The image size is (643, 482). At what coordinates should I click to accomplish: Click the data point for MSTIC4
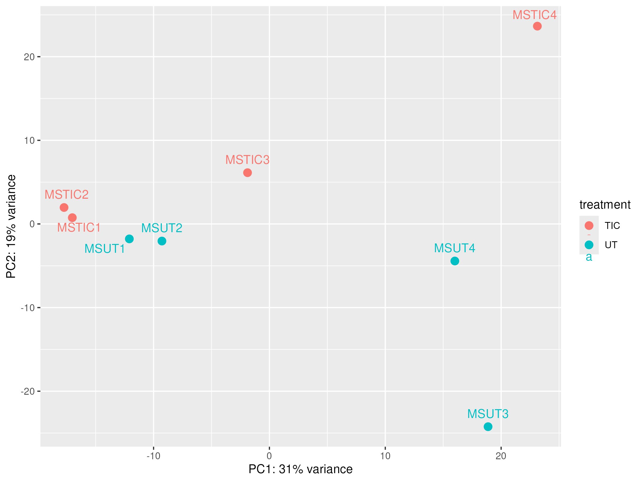pyautogui.click(x=537, y=26)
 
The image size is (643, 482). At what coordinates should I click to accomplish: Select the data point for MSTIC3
pyautogui.click(x=247, y=172)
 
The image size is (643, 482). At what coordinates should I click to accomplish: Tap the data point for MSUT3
pyautogui.click(x=488, y=427)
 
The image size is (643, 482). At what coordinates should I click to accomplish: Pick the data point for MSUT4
pyautogui.click(x=455, y=261)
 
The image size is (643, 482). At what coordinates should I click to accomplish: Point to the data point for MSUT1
pyautogui.click(x=129, y=239)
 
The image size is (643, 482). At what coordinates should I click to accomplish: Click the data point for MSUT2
pyautogui.click(x=162, y=241)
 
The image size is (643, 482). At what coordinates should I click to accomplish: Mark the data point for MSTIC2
pyautogui.click(x=64, y=208)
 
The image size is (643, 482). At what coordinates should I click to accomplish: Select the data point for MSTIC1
pyautogui.click(x=72, y=218)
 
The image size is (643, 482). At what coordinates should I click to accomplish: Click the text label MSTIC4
pyautogui.click(x=534, y=15)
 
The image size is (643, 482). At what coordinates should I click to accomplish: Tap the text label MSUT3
pyautogui.click(x=488, y=414)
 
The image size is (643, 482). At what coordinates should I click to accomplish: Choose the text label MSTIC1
pyautogui.click(x=79, y=228)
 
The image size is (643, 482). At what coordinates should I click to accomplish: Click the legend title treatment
pyautogui.click(x=605, y=205)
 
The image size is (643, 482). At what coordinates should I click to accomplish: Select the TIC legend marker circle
pyautogui.click(x=589, y=225)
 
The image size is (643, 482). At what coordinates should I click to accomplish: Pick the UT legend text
pyautogui.click(x=611, y=245)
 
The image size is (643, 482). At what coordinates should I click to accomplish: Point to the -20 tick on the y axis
pyautogui.click(x=28, y=391)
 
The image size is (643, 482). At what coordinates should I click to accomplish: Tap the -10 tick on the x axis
pyautogui.click(x=154, y=456)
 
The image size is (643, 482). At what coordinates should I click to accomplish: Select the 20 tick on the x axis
pyautogui.click(x=501, y=456)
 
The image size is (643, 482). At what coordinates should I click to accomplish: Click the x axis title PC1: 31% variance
pyautogui.click(x=300, y=469)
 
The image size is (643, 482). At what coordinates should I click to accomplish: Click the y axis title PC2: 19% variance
pyautogui.click(x=11, y=226)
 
